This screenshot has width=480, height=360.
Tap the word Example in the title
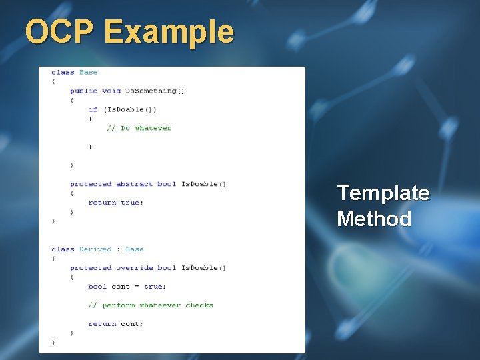(x=169, y=33)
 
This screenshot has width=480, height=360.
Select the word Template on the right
(x=383, y=193)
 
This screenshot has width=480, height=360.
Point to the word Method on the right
(x=374, y=219)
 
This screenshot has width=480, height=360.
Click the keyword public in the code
(x=84, y=91)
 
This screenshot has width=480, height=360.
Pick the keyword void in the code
(x=111, y=91)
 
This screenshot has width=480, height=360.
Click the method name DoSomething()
(x=155, y=91)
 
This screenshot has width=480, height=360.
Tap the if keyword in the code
(x=93, y=109)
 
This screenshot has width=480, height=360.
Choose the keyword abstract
(x=135, y=184)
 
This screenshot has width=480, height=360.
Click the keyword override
(x=135, y=268)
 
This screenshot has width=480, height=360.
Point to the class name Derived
(x=95, y=249)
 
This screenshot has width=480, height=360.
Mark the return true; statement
(x=116, y=203)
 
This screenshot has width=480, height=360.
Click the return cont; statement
(x=116, y=324)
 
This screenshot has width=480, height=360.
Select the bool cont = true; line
(x=127, y=287)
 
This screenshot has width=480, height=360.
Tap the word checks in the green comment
(x=199, y=305)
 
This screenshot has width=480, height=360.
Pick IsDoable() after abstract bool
(x=204, y=184)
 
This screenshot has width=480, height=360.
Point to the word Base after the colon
(x=135, y=249)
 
